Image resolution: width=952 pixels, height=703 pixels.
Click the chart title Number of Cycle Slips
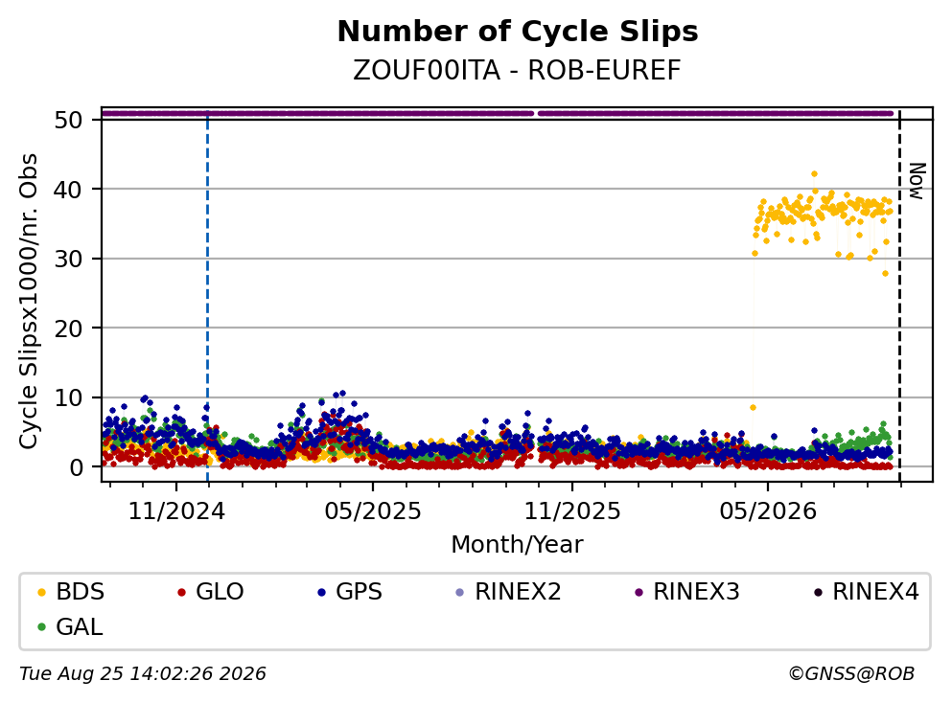[x=518, y=32]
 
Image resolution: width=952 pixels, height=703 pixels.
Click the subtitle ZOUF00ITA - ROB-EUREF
[x=518, y=70]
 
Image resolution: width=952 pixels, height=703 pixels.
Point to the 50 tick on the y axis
[x=68, y=120]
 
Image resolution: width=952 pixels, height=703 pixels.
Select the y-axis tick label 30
[x=68, y=259]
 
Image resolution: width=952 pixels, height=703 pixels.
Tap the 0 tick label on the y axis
[x=76, y=467]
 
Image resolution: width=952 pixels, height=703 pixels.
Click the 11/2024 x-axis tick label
[x=176, y=511]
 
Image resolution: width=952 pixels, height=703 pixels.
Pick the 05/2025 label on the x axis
[x=373, y=511]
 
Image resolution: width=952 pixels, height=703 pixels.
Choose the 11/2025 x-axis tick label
[x=572, y=511]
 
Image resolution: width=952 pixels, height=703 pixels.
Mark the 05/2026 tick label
[x=768, y=511]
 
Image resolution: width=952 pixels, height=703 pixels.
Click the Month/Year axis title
[x=518, y=545]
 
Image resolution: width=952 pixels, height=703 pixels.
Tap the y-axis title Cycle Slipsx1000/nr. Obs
[x=29, y=302]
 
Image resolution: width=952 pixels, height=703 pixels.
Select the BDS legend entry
[x=71, y=591]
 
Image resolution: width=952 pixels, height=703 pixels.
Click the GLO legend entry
[x=210, y=591]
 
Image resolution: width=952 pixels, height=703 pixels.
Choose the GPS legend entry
[x=350, y=591]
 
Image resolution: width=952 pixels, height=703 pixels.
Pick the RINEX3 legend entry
[x=687, y=591]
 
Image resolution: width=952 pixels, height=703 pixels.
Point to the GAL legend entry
[x=70, y=626]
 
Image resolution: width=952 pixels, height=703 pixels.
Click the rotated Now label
[x=917, y=181]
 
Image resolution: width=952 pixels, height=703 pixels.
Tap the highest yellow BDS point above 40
[x=815, y=174]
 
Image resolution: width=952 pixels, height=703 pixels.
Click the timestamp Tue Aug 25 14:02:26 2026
[x=143, y=674]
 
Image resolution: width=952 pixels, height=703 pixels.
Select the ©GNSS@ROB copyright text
[x=852, y=674]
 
